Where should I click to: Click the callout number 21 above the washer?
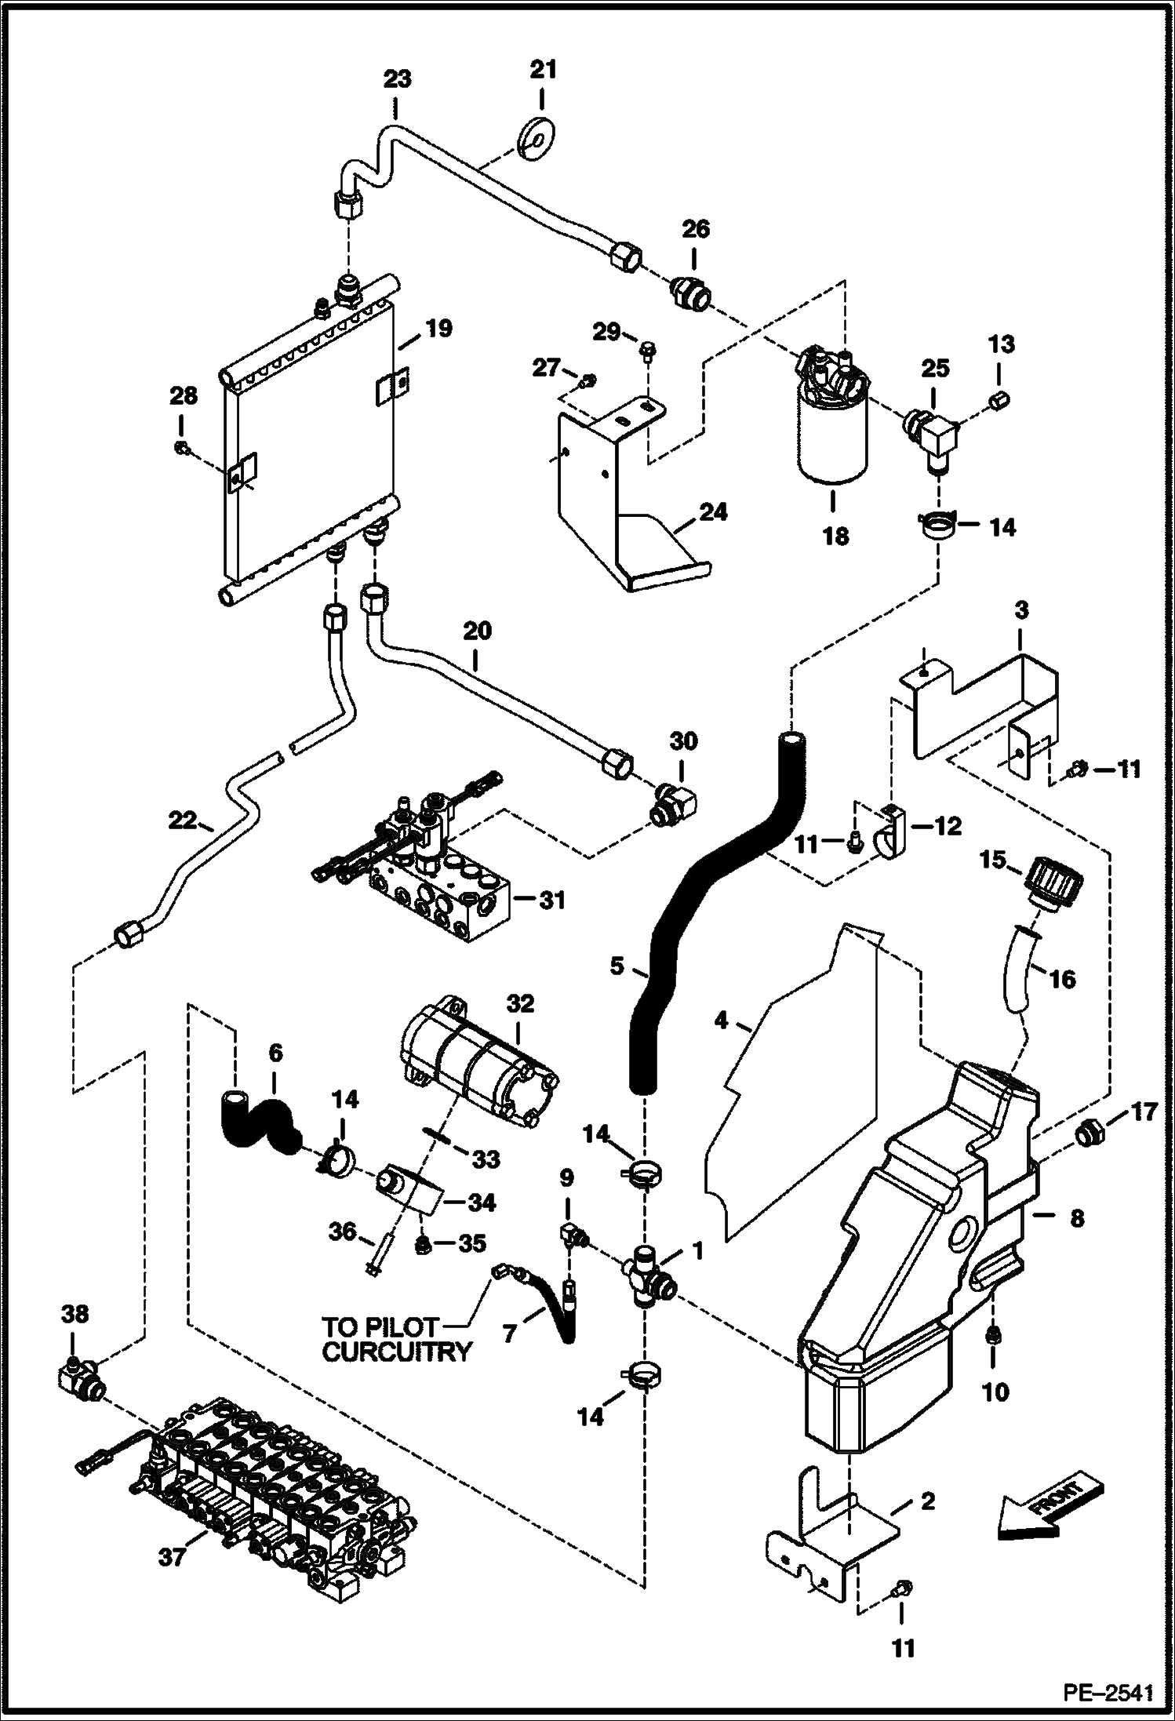pyautogui.click(x=543, y=70)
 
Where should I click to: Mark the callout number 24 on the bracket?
pyautogui.click(x=714, y=512)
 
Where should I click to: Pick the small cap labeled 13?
pyautogui.click(x=999, y=399)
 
